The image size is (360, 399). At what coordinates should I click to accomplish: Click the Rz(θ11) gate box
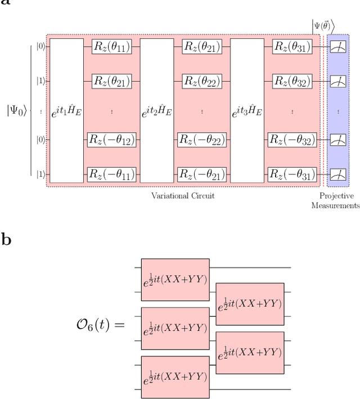[x=108, y=47]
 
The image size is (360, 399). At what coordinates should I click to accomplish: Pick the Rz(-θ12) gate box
[x=111, y=140]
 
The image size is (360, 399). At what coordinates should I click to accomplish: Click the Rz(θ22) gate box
[x=198, y=81]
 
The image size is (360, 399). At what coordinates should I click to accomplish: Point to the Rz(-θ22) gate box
[x=201, y=140]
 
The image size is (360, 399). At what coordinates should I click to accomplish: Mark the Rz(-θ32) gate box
[x=292, y=140]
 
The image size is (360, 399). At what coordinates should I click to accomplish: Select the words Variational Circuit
[x=183, y=196]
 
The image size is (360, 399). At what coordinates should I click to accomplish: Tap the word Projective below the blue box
[x=336, y=196]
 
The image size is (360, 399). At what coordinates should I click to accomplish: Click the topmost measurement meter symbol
[x=338, y=47]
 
